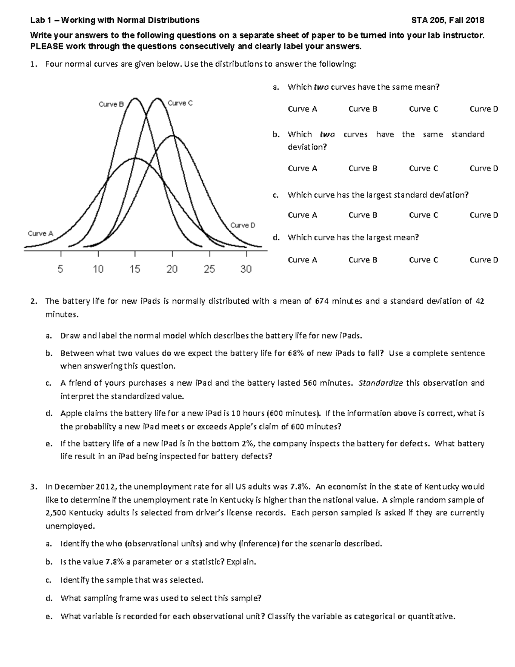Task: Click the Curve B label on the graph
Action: point(111,104)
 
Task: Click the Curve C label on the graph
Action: point(180,103)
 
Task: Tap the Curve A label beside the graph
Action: point(40,233)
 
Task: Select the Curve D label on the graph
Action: point(242,225)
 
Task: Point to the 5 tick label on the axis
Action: point(60,269)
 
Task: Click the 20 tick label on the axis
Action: point(172,269)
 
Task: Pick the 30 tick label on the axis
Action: point(246,269)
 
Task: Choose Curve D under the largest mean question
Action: point(484,260)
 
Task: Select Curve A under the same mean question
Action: point(302,109)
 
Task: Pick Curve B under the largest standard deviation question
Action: point(363,215)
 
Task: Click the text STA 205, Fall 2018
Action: point(448,20)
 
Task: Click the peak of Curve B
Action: point(135,98)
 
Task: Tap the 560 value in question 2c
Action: point(310,383)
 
